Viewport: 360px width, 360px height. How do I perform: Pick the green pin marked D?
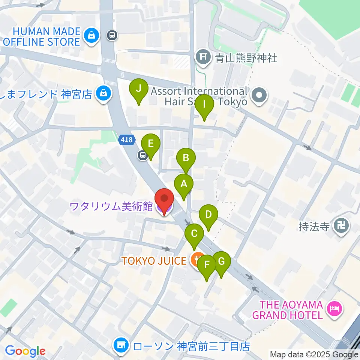tap(208, 215)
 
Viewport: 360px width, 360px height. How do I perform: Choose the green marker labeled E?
tap(151, 144)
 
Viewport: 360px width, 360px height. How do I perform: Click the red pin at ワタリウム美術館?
tap(164, 199)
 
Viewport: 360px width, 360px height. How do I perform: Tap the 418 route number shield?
tap(126, 140)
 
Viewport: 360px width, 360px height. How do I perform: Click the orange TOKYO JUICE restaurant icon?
tap(195, 260)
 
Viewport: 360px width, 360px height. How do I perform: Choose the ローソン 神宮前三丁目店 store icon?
tap(121, 345)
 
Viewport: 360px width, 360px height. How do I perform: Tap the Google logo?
tap(25, 351)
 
